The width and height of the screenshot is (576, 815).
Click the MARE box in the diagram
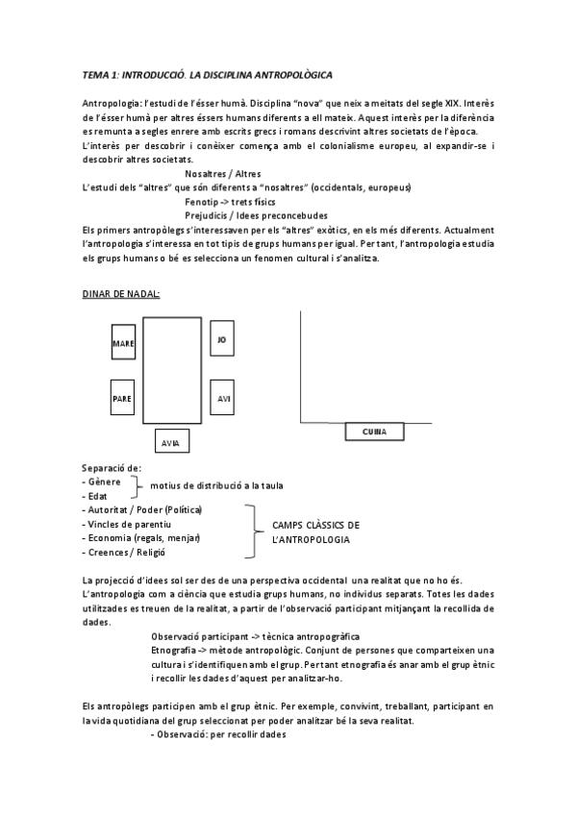[x=123, y=343]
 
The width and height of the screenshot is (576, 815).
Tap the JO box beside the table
[x=221, y=339]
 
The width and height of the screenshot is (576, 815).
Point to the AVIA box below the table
[x=171, y=441]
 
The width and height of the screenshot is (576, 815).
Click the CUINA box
[x=375, y=432]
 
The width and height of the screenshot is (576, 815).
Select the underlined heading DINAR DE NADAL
[x=121, y=293]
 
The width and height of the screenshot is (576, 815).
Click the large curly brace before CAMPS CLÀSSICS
[x=254, y=531]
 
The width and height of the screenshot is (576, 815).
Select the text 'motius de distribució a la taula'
[x=216, y=486]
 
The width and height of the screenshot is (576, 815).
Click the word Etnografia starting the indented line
[x=174, y=651]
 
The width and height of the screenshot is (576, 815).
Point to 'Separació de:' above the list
[x=112, y=466]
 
